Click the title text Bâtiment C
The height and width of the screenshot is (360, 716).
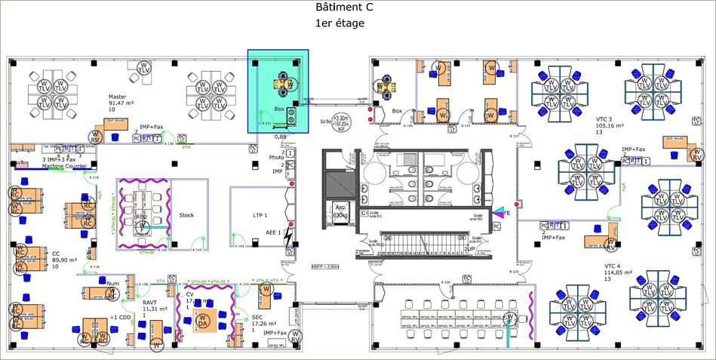point(343,8)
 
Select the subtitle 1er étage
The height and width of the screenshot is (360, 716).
point(340,23)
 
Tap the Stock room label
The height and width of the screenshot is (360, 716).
point(186,215)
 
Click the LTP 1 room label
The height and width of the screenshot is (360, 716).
point(261,216)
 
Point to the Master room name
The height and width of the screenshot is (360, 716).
point(117,97)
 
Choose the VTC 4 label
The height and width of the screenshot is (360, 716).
point(613,266)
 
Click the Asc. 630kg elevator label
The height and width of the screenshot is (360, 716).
point(340,212)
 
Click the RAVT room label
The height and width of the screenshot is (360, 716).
point(150,302)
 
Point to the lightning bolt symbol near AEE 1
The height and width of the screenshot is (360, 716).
point(288,239)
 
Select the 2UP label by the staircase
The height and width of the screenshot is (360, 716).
point(470,248)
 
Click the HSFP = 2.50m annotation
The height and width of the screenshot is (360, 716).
point(326,266)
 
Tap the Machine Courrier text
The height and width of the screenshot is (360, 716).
point(65,165)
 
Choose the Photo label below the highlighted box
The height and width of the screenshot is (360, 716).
point(276,158)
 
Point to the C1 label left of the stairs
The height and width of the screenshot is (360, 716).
point(364,214)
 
